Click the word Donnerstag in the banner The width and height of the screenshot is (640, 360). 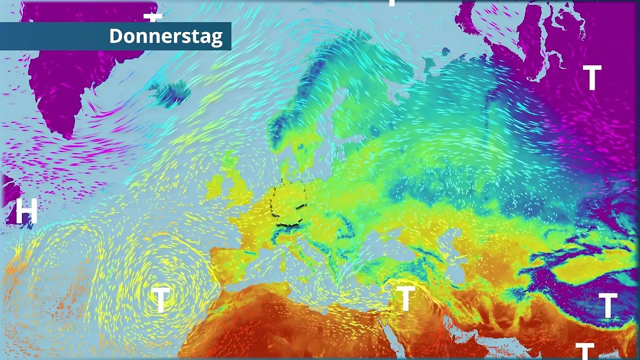(166, 36)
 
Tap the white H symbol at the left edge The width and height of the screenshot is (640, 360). (26, 211)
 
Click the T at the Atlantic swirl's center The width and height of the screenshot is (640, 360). (161, 299)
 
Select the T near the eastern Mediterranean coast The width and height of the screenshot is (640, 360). (406, 298)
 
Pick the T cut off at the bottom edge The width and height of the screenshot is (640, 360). (585, 351)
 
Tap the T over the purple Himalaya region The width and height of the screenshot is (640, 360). (607, 305)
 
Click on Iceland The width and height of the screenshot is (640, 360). (172, 93)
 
